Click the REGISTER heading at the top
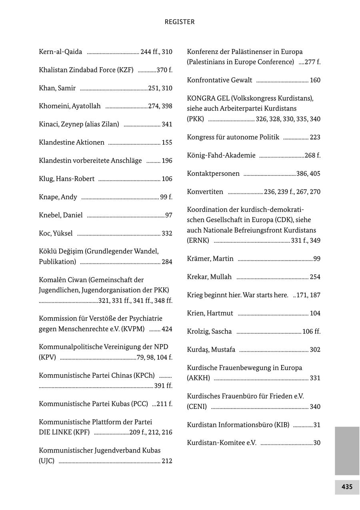tap(180, 22)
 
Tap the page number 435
tap(347, 487)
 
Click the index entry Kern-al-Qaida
tap(60, 52)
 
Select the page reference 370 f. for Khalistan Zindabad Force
tap(164, 70)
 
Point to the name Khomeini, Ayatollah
tap(70, 106)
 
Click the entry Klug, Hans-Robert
tap(67, 179)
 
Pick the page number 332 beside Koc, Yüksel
tap(167, 233)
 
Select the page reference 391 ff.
tap(163, 386)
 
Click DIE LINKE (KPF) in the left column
tap(64, 432)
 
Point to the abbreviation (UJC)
tap(46, 461)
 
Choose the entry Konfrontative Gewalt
tap(219, 80)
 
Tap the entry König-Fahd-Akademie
tap(221, 155)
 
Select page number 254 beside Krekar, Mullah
tap(315, 277)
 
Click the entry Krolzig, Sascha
tap(209, 331)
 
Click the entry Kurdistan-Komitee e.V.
tap(222, 443)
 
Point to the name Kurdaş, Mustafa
tap(211, 350)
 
